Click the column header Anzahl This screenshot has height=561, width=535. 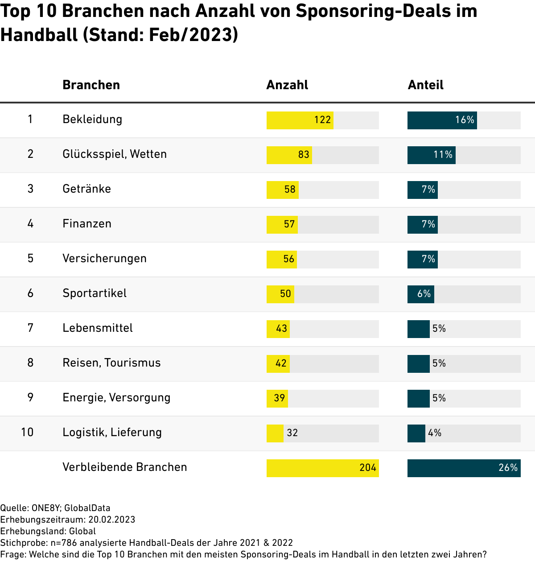point(287,85)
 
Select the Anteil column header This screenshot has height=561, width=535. point(425,85)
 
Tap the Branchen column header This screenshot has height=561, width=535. point(91,85)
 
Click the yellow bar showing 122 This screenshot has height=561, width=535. point(300,120)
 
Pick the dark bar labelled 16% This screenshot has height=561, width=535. point(442,120)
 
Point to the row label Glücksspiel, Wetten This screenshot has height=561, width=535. point(115,154)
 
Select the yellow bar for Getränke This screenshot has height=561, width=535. point(282,190)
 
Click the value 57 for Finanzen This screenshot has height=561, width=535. point(289,224)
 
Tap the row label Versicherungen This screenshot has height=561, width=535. point(104,259)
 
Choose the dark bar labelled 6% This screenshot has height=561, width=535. point(420,294)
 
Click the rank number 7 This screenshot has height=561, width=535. point(30,328)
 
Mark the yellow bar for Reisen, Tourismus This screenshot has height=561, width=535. point(278,363)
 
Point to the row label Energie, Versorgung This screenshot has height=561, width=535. point(116,398)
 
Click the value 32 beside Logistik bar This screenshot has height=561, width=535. point(292,433)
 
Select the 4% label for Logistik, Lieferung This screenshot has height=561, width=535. point(435,433)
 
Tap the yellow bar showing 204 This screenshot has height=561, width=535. point(322,468)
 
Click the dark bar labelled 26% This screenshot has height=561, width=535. point(464,468)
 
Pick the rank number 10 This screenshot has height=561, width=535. point(27,432)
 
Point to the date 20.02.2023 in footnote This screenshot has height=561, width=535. point(111,520)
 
